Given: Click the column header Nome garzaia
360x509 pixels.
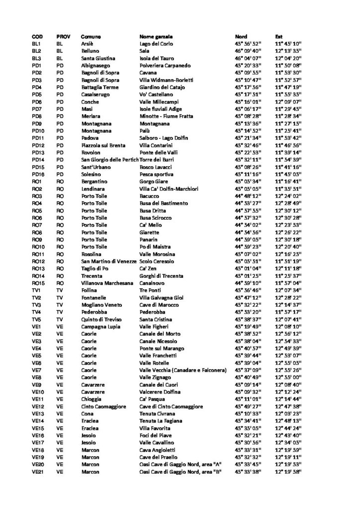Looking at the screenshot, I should (x=155, y=36).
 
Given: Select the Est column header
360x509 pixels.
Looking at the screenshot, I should (x=279, y=36).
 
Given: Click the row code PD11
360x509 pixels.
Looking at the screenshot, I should (x=38, y=138).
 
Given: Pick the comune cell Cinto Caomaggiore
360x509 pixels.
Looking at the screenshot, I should (x=103, y=406).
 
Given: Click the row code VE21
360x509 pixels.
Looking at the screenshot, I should (x=38, y=471).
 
